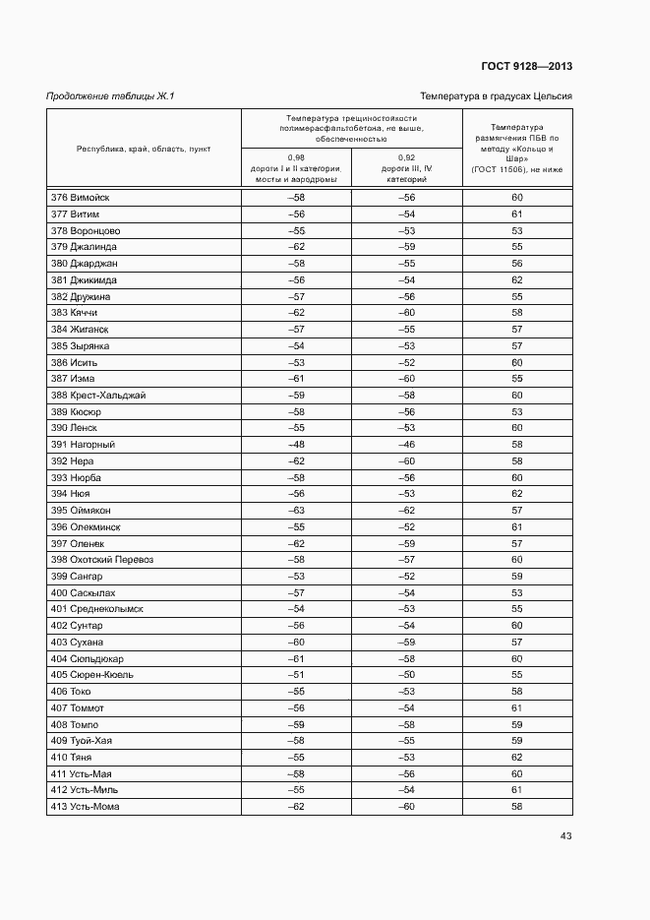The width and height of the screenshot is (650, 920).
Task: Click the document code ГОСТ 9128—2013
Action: (526, 66)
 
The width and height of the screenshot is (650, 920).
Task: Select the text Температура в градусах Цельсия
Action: (496, 95)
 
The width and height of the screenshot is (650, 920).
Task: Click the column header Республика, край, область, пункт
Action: (144, 149)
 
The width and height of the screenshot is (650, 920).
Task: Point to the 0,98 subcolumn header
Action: (296, 168)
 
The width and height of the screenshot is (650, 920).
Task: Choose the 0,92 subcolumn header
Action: (406, 168)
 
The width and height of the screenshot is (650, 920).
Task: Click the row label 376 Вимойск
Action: (81, 198)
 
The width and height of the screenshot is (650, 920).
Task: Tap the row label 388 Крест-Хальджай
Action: (98, 395)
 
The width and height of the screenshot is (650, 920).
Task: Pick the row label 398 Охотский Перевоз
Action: (102, 560)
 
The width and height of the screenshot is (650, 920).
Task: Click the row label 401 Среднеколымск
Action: (97, 609)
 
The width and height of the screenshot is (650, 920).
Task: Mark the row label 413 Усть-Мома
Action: (85, 807)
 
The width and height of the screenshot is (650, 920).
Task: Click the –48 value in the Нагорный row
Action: (296, 445)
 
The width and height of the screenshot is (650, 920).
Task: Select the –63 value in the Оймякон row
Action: (296, 511)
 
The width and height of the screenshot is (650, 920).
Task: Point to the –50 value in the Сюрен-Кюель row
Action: (406, 675)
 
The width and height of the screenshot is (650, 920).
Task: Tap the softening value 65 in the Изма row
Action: (516, 379)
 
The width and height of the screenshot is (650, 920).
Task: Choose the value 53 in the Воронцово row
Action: (516, 230)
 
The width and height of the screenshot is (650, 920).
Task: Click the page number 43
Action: (565, 836)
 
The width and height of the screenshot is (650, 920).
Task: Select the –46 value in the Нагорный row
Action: (406, 445)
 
